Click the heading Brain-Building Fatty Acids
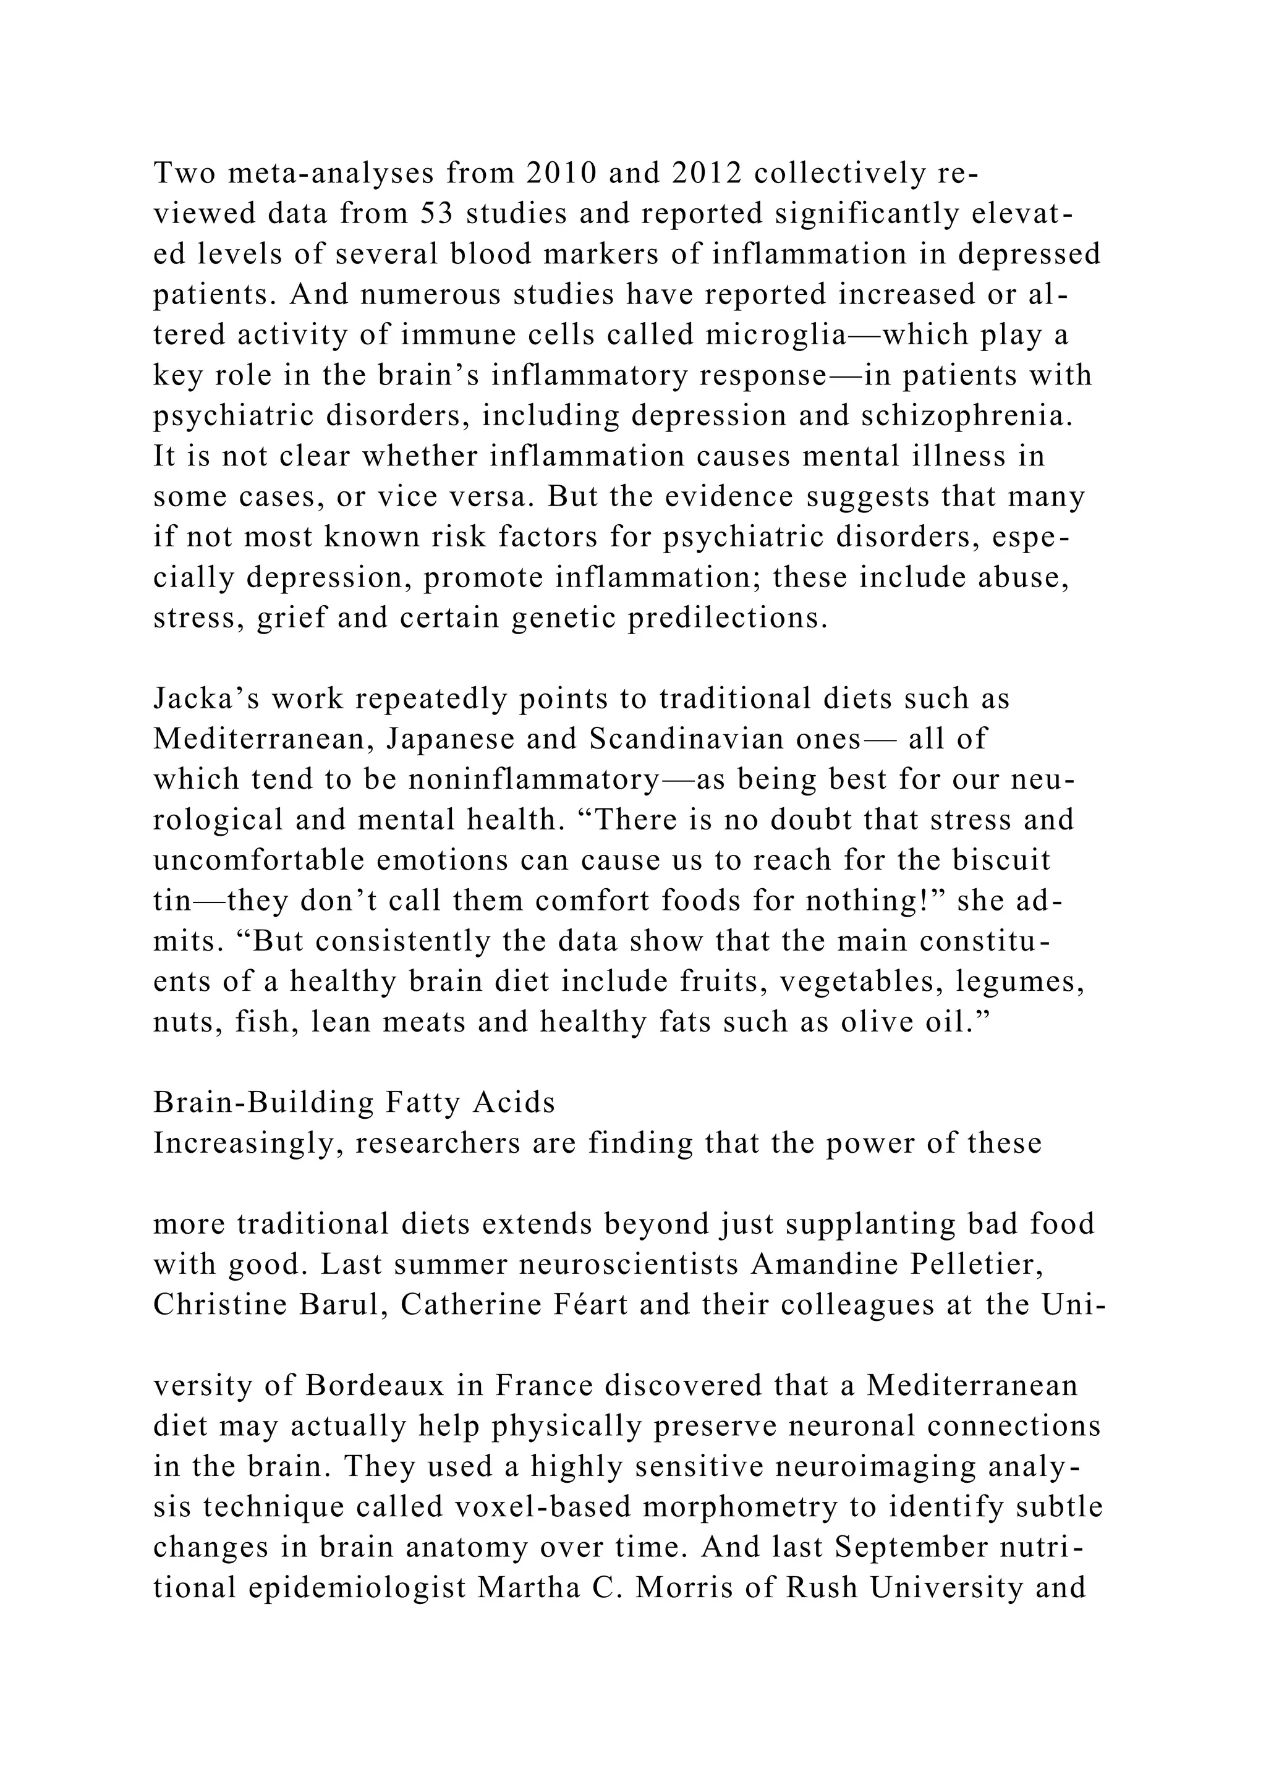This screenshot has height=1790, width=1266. pos(354,1103)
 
